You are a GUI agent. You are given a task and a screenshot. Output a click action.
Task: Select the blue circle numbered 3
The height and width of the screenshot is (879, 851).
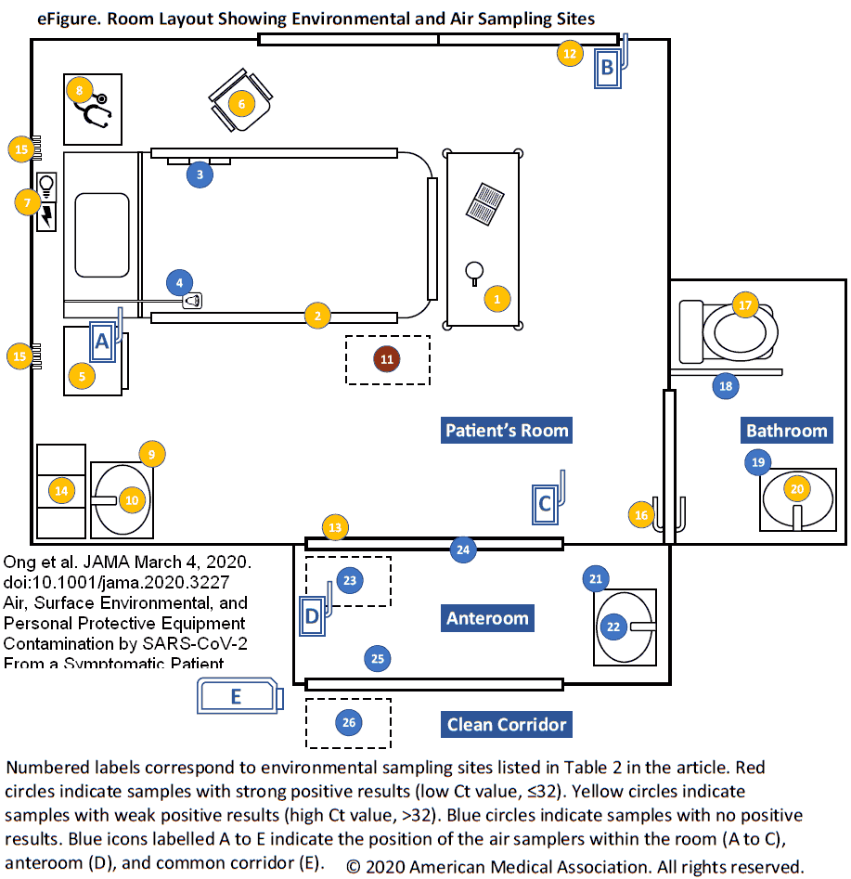[x=200, y=174]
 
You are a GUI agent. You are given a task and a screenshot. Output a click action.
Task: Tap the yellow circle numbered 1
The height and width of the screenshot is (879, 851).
[x=497, y=299]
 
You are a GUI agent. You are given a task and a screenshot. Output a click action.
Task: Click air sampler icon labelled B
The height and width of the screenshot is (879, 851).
[x=608, y=68]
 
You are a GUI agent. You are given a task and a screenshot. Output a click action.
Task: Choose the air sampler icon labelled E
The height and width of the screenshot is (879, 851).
[x=238, y=696]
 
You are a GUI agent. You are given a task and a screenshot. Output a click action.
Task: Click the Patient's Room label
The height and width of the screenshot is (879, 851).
[x=506, y=430]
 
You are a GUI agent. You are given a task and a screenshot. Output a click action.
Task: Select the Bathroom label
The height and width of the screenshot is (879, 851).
[x=786, y=431]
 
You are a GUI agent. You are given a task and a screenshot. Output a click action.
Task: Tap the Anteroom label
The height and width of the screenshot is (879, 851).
[x=487, y=618]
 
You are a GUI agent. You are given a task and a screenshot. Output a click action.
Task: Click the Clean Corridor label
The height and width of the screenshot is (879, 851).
[x=506, y=724]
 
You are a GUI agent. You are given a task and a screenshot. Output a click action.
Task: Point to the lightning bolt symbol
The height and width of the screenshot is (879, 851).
[x=46, y=216]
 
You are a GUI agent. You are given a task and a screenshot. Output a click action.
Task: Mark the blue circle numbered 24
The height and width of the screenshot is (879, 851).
[x=463, y=549]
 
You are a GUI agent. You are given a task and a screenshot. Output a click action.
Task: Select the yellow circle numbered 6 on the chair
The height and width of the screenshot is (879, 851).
[x=242, y=104]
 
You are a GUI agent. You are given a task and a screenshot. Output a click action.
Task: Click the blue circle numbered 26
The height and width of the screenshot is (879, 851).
[x=348, y=721]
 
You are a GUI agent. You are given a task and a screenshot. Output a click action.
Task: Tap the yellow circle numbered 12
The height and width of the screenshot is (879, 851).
[x=570, y=54]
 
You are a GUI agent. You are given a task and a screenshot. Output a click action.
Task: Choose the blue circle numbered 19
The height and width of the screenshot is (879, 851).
[x=757, y=461]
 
